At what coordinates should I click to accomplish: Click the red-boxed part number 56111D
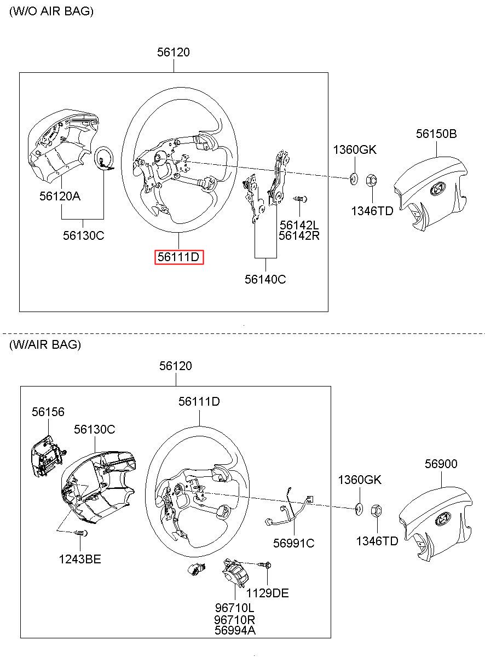point(179,257)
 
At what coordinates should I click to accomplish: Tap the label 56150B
point(436,134)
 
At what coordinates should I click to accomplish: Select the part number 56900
point(441,464)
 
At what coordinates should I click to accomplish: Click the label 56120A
point(60,196)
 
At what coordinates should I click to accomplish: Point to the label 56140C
point(265,279)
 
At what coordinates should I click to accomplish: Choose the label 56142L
point(299,225)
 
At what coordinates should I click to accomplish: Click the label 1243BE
point(80,559)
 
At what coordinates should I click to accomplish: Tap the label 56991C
point(294,543)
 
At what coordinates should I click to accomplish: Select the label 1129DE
point(267,593)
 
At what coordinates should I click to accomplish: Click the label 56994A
point(235,630)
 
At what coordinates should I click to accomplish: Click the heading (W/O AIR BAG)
point(51,11)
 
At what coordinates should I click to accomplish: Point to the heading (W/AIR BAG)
point(45,345)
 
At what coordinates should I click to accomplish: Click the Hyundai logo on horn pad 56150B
point(437,189)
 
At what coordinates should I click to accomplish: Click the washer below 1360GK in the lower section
point(359,508)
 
